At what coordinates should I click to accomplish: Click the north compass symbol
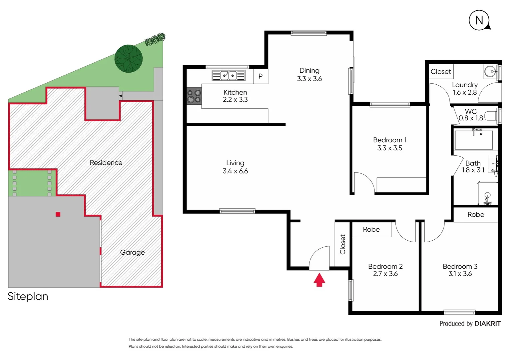click(479, 20)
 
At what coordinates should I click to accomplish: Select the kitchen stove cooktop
click(194, 96)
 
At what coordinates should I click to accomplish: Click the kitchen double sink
click(229, 76)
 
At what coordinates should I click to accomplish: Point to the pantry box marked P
click(260, 76)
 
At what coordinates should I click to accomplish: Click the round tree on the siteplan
click(129, 59)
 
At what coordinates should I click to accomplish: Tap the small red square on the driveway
click(58, 214)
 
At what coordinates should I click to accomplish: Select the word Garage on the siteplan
click(132, 252)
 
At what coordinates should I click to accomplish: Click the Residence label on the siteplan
click(106, 163)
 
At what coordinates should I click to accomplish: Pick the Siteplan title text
click(28, 296)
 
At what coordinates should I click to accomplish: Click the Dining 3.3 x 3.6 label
click(309, 75)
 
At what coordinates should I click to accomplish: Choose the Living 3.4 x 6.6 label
click(235, 167)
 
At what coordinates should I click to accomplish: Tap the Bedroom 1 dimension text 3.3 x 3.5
click(390, 148)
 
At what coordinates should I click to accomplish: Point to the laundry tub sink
click(490, 71)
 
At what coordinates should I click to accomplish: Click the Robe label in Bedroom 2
click(371, 229)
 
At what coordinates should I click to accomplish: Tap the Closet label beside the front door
click(342, 244)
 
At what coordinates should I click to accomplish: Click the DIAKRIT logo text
click(487, 324)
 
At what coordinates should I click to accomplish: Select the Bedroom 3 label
click(460, 266)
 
